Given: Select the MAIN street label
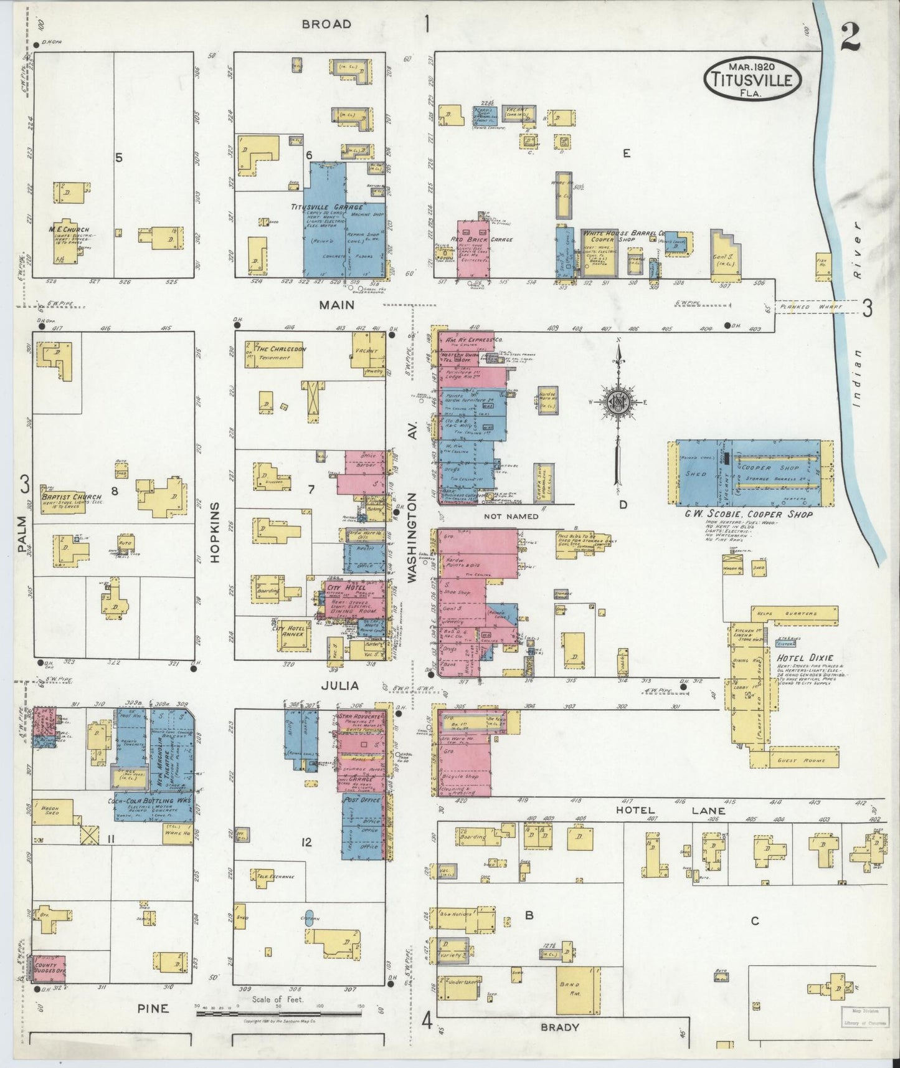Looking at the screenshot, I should [337, 305].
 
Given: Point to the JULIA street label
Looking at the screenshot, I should [340, 685].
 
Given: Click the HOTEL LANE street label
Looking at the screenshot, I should [670, 811].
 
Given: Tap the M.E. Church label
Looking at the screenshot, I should [69, 229].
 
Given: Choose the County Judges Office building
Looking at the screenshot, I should [48, 983].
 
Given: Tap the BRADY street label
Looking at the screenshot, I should [560, 1027].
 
